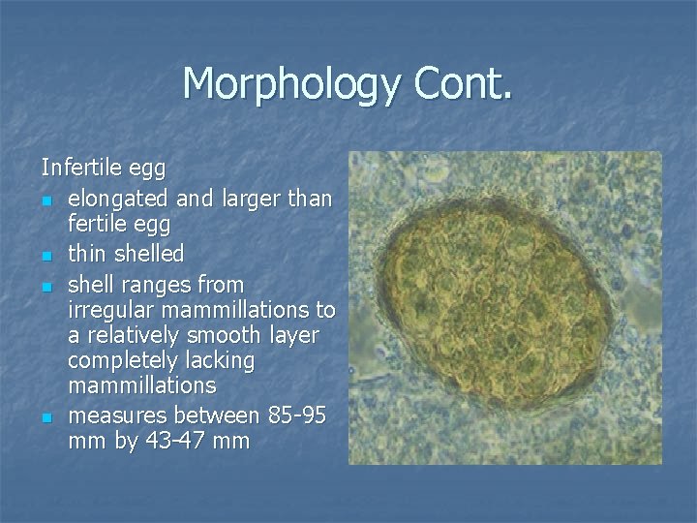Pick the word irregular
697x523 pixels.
coord(110,311)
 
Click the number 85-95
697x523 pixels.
coord(300,415)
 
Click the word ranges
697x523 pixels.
coord(153,287)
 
